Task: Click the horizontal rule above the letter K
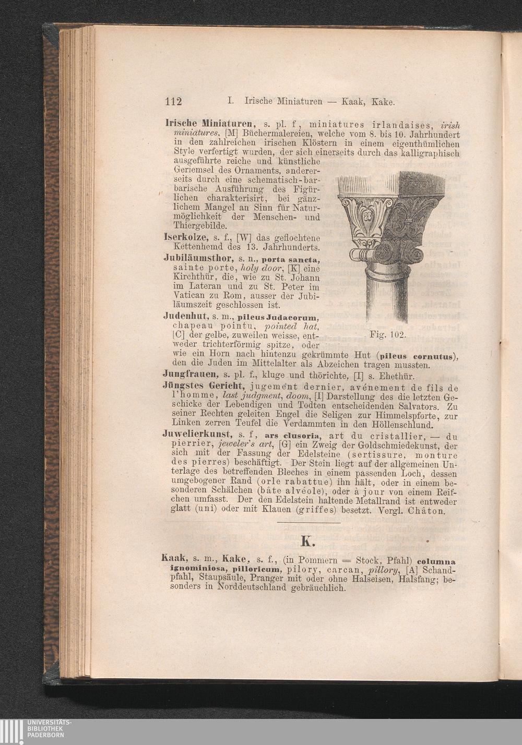(x=309, y=522)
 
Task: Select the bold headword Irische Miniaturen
(x=210, y=125)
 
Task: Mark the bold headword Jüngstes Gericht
(x=204, y=387)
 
